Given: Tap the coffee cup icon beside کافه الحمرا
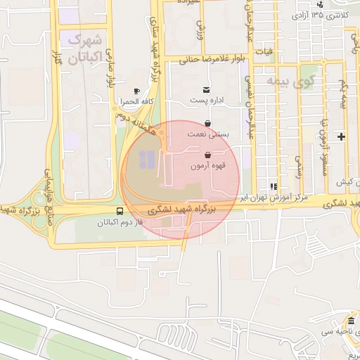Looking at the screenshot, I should click(137, 91).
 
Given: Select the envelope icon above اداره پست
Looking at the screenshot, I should click(206, 89).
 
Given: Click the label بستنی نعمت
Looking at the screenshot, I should click(205, 133).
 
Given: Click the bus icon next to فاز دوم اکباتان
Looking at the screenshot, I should click(120, 211).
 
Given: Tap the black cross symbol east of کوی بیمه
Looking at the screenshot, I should click(342, 136).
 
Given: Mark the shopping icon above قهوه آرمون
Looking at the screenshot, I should click(207, 155).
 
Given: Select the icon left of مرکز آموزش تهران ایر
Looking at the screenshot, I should click(273, 187).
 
